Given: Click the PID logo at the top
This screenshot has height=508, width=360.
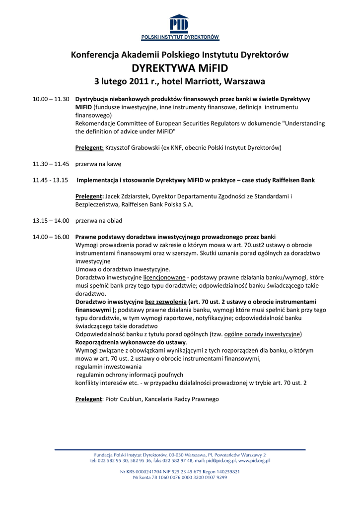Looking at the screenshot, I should coord(180,27).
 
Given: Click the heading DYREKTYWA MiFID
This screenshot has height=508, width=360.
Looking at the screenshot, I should coord(180,68).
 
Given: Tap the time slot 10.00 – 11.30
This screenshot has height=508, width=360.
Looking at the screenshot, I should coord(51,99).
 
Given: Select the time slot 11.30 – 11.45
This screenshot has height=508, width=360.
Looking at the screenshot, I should coord(51,164).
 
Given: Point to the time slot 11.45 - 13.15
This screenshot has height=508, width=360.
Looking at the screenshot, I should coord(50,180).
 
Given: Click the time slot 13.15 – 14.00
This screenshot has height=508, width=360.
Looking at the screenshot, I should coord(51,220).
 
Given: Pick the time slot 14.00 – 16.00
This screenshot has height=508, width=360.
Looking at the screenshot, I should coord(51,237).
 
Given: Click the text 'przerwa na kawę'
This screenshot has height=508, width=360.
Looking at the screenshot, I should coord(98,164).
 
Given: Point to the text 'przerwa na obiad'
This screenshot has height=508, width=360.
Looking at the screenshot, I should coord(99,220).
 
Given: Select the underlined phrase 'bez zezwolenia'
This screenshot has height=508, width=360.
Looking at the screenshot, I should coord(165,302).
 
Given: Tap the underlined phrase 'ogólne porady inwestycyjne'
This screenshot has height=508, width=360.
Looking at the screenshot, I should coord(263,334).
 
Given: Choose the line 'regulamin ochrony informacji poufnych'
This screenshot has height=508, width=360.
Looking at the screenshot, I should coord(130,375).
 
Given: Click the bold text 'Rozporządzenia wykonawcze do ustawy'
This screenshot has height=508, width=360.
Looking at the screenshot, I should coord(131,342).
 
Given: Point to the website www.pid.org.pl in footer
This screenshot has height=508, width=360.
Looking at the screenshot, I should coord(254,460).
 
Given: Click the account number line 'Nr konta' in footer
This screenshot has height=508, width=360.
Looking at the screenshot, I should coord(180,477).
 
